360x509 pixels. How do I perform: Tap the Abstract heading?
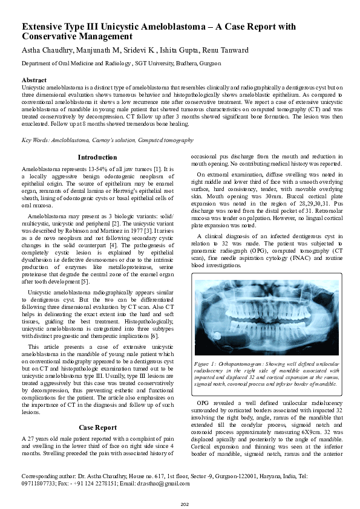[34, 80]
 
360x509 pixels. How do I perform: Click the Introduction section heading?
[97, 157]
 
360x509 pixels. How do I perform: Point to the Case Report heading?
[97, 427]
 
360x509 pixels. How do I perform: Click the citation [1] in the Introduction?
[157, 168]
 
